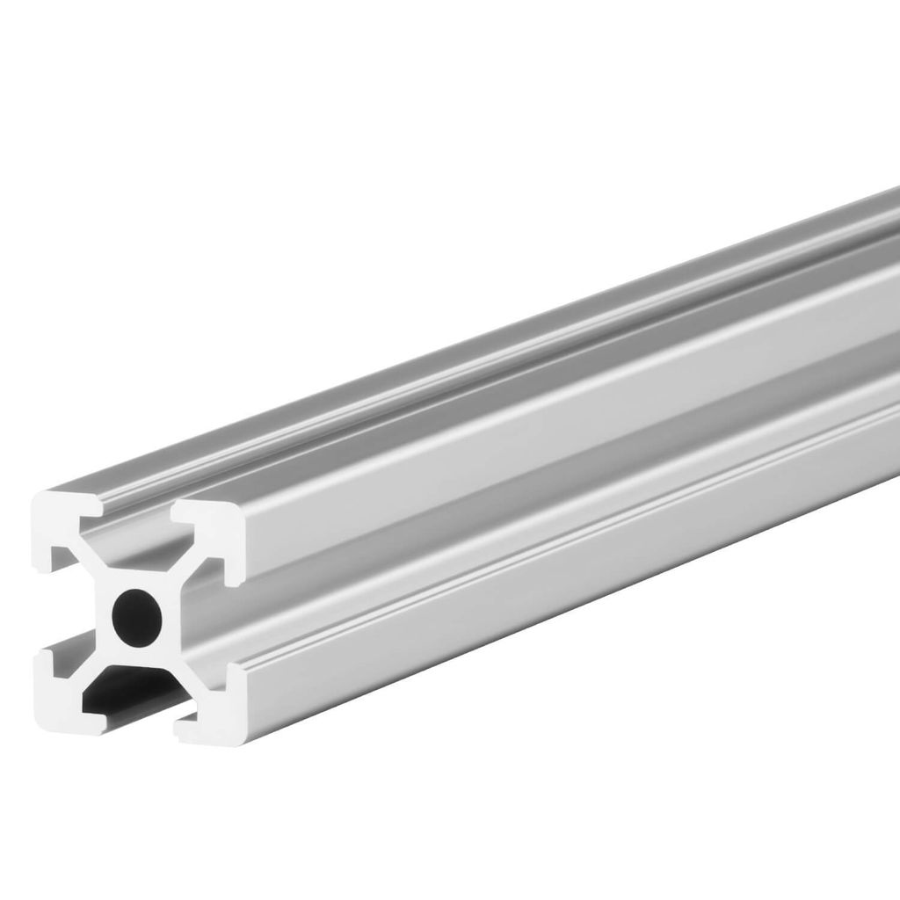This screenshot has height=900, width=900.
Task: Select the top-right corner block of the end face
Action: (215, 536)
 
